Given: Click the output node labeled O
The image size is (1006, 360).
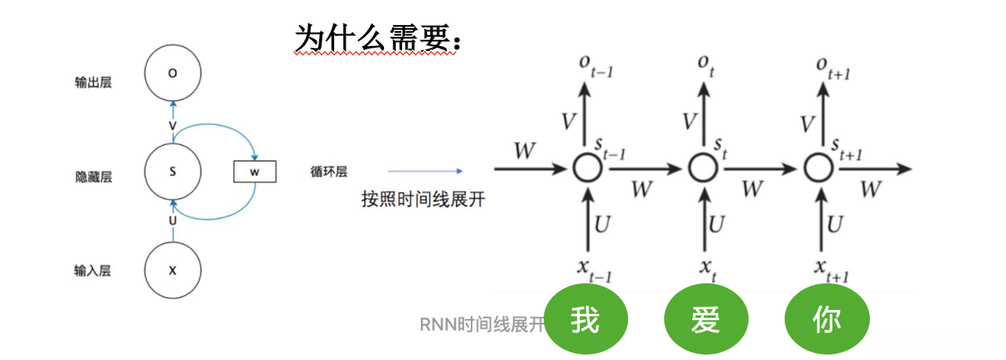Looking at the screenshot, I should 173,74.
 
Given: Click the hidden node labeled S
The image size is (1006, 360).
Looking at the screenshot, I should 173,171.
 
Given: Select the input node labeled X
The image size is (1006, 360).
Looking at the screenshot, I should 173,270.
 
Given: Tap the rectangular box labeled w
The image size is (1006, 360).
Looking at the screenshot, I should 254,171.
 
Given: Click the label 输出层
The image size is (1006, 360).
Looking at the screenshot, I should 93,82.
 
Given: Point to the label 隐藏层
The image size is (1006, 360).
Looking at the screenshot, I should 93,177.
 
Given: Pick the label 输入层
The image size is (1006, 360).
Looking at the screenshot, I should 92,271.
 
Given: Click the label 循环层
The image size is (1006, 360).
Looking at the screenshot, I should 329,171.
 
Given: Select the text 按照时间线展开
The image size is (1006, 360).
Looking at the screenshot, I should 423,199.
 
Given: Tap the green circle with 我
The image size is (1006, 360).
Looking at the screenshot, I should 586,320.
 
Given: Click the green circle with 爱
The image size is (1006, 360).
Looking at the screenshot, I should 706,320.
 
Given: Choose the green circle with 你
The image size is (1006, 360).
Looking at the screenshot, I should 826,320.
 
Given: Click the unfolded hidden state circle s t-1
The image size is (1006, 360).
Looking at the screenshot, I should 586,167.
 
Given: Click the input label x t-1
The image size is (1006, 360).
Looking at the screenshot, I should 593,269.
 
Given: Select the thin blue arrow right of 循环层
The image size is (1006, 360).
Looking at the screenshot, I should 425,171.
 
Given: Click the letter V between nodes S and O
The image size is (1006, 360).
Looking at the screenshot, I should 173,125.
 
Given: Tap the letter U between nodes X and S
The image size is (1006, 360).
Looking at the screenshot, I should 173,221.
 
